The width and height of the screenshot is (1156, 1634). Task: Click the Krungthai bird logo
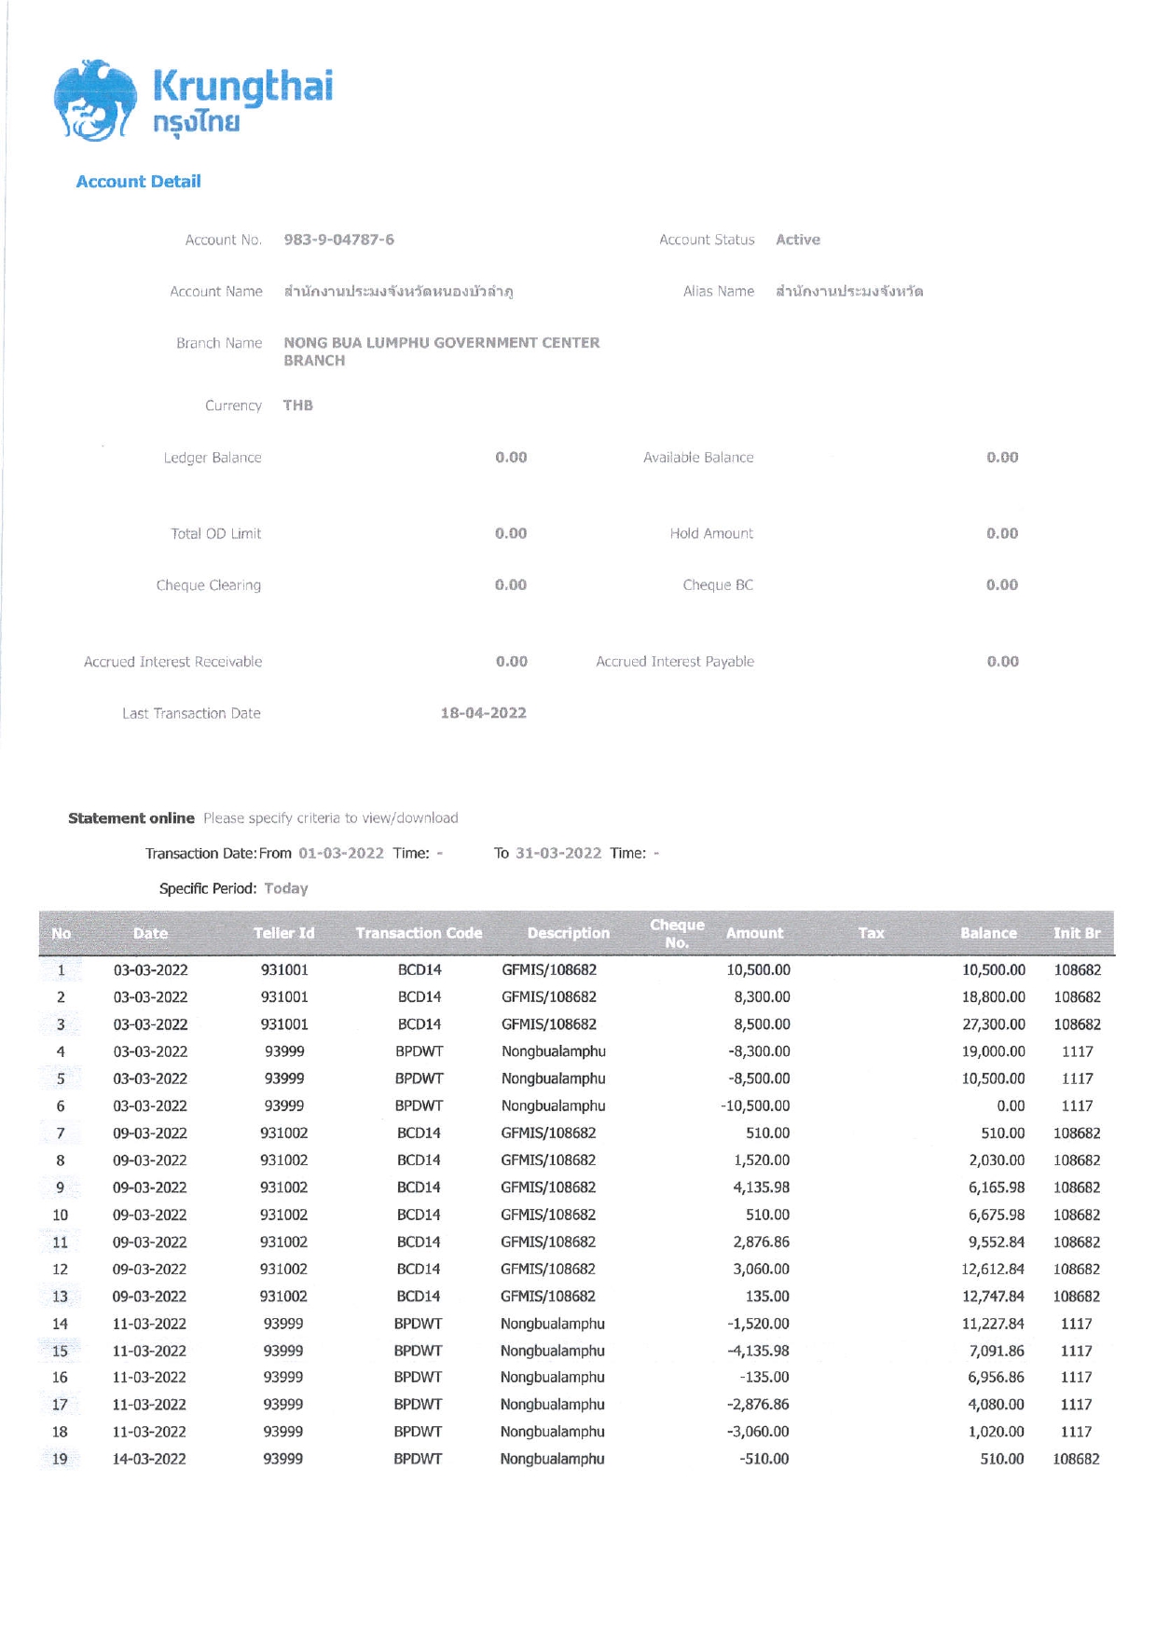coord(93,101)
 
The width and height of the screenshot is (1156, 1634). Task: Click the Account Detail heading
coord(138,182)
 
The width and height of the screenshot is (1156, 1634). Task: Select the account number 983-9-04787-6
coord(338,240)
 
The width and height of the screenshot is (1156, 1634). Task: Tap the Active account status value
coord(798,240)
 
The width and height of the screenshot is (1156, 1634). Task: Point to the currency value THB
coord(298,405)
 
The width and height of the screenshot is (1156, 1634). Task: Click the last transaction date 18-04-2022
coord(483,713)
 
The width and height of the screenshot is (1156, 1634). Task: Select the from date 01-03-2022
coord(341,853)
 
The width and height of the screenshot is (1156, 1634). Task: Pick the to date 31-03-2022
coord(558,853)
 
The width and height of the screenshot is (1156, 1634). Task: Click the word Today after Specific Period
coord(286,888)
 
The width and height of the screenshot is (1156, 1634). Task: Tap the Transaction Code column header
coord(419,933)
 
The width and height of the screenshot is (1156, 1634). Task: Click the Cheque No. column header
coord(677,933)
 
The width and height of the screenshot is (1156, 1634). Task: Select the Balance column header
coord(988,933)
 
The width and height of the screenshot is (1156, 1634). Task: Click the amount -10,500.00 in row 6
coord(755,1105)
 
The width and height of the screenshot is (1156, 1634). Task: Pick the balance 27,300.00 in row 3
coord(994,1024)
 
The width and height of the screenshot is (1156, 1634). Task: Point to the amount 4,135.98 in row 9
coord(761,1188)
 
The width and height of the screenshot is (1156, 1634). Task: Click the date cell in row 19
coord(149,1459)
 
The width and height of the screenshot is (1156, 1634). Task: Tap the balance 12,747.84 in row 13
coord(993,1297)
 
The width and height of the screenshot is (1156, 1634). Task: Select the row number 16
coord(60,1378)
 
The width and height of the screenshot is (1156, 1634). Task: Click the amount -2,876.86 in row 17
coord(758,1405)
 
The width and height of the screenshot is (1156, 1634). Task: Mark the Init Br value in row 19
coord(1076,1459)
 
